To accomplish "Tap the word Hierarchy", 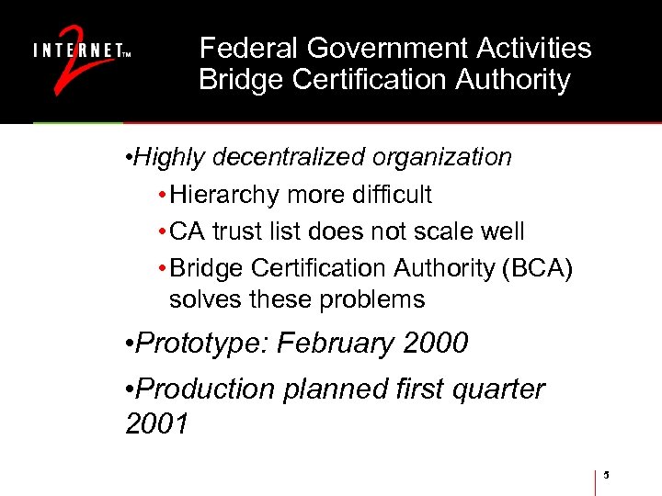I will pos(221,195).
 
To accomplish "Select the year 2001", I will pos(157,423).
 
